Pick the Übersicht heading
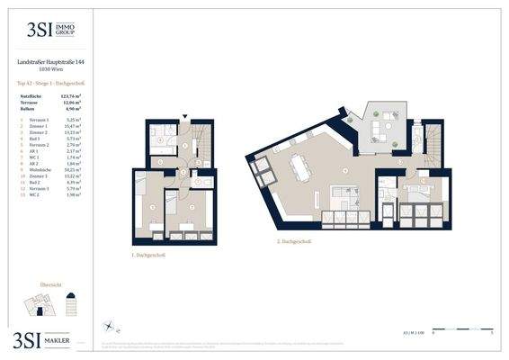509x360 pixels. (x=51, y=285)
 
